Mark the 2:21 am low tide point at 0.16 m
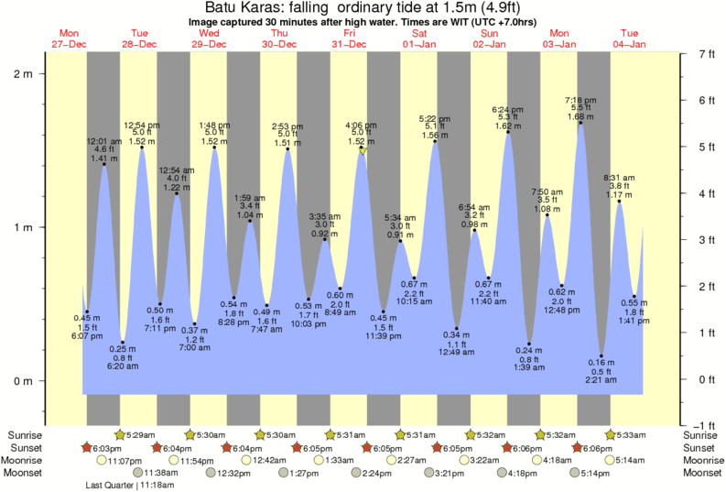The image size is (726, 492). pos(601,355)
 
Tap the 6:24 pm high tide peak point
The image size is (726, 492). pos(508,132)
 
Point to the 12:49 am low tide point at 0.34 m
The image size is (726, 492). pos(457,328)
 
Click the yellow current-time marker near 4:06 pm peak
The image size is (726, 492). pos(363,151)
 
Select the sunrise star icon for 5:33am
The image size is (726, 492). pos(611,434)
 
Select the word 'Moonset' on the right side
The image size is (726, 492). pos(701,473)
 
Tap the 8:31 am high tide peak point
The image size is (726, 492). pos(620,202)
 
